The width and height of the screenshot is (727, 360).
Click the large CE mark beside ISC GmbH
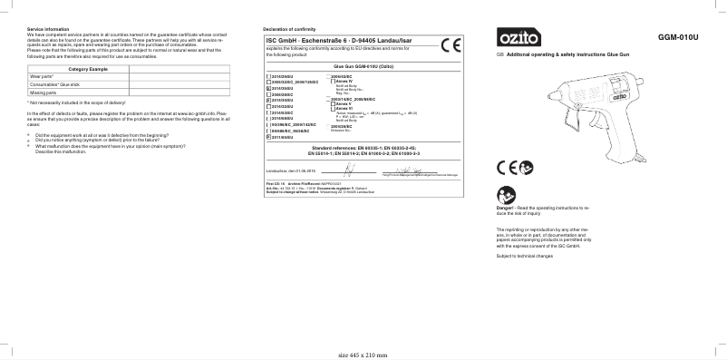(x=451, y=46)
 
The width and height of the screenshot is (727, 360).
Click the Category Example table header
(x=88, y=70)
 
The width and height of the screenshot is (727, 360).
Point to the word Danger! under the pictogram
(x=506, y=209)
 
